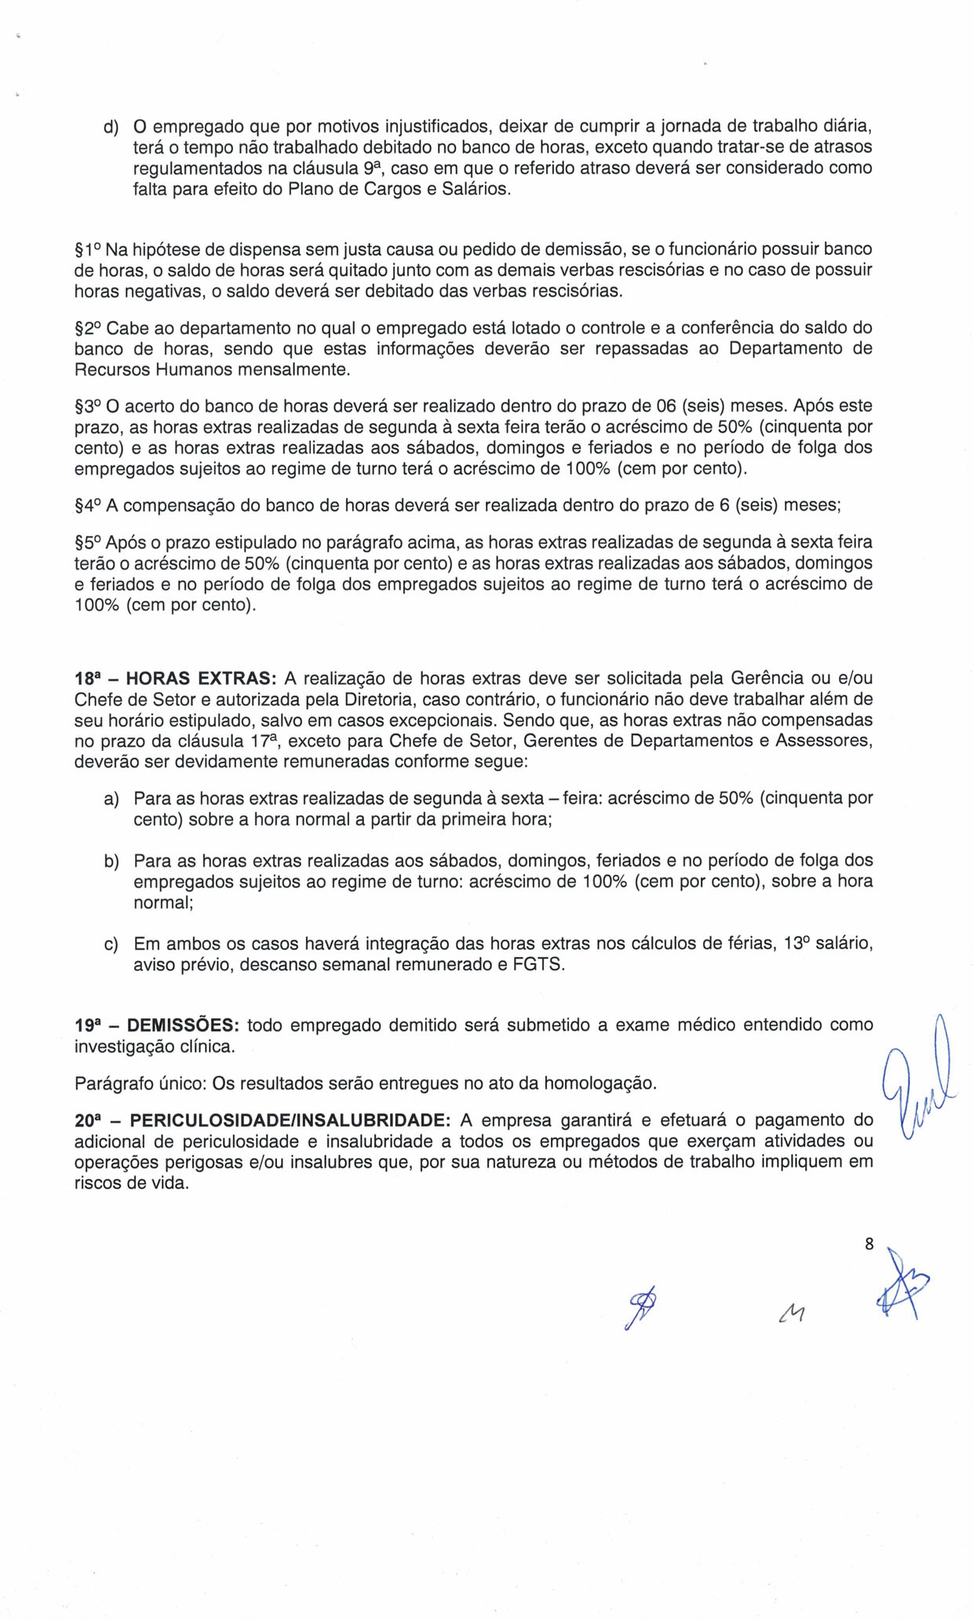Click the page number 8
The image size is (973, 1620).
(x=869, y=1243)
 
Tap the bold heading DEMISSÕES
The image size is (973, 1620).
(x=183, y=1025)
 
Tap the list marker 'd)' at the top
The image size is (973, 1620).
(x=111, y=127)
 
